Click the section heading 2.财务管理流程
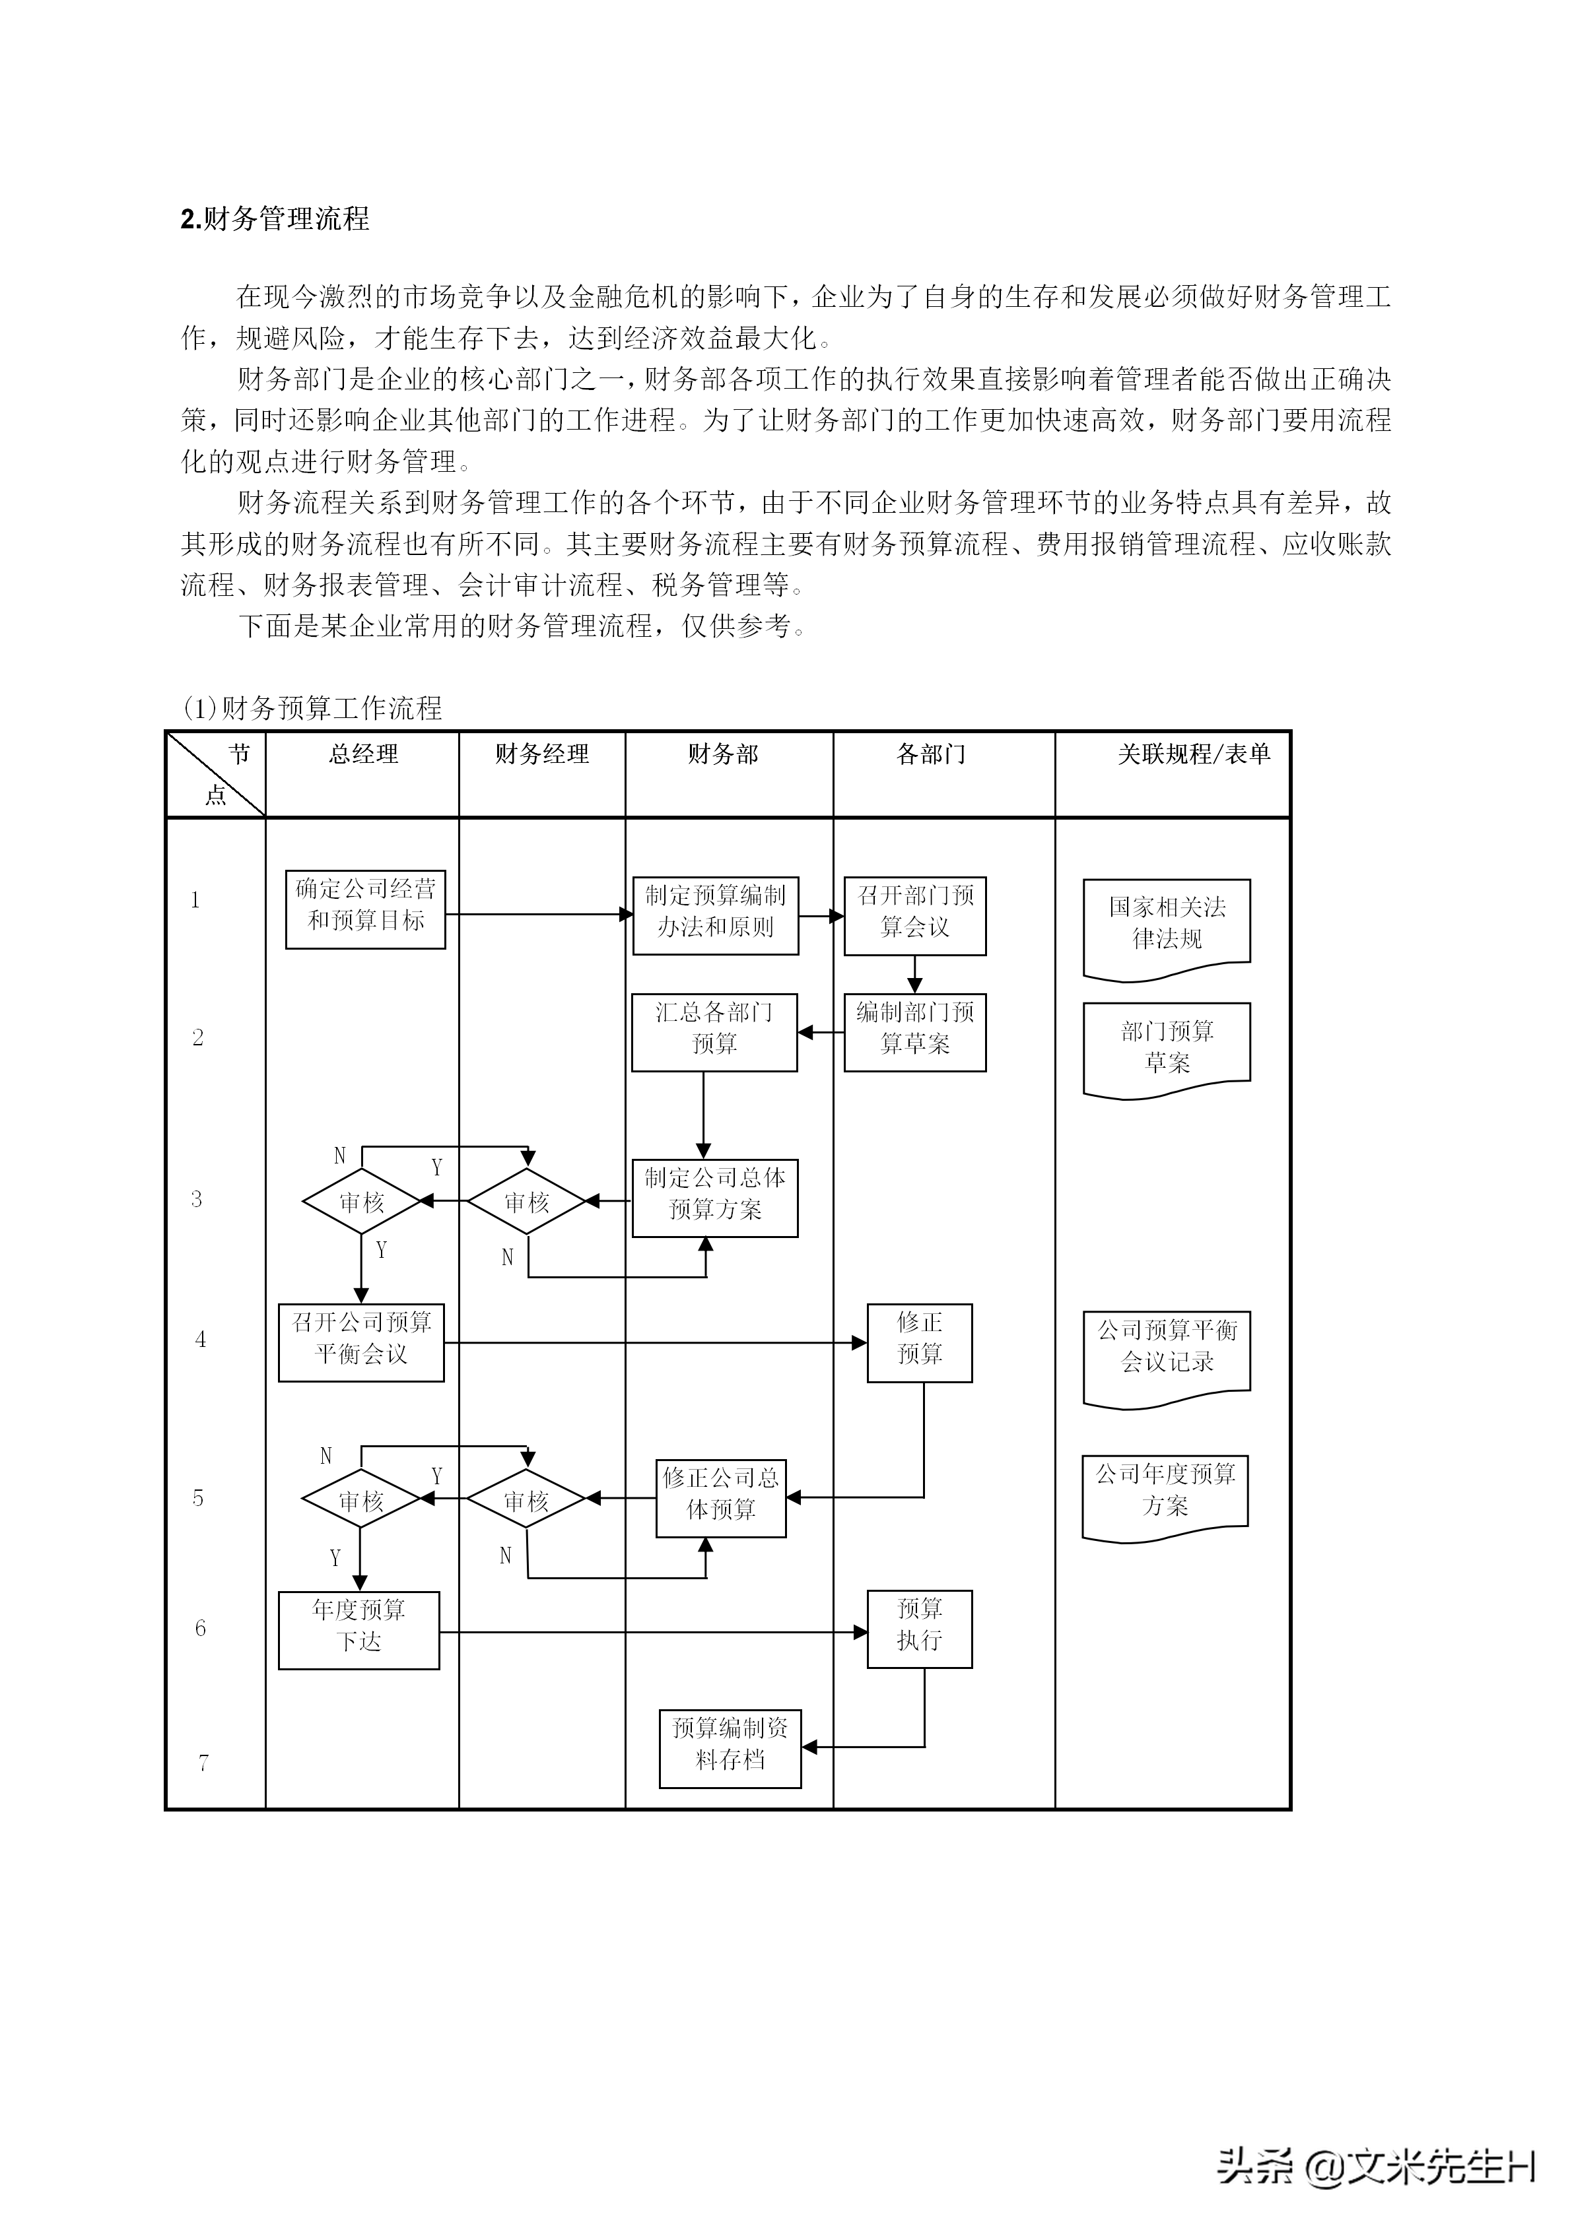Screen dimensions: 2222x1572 [275, 220]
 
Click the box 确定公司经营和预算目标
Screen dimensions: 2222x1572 [365, 909]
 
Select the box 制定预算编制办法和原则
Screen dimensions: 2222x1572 [715, 915]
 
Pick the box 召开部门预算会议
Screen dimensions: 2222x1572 [914, 915]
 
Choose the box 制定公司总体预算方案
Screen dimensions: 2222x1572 [715, 1197]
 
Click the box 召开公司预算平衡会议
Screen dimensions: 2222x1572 [361, 1342]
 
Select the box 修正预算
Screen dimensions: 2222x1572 [920, 1342]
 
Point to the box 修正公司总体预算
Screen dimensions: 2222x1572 [721, 1497]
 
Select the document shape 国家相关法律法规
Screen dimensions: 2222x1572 [1167, 925]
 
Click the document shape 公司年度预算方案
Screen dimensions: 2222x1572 [1165, 1493]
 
